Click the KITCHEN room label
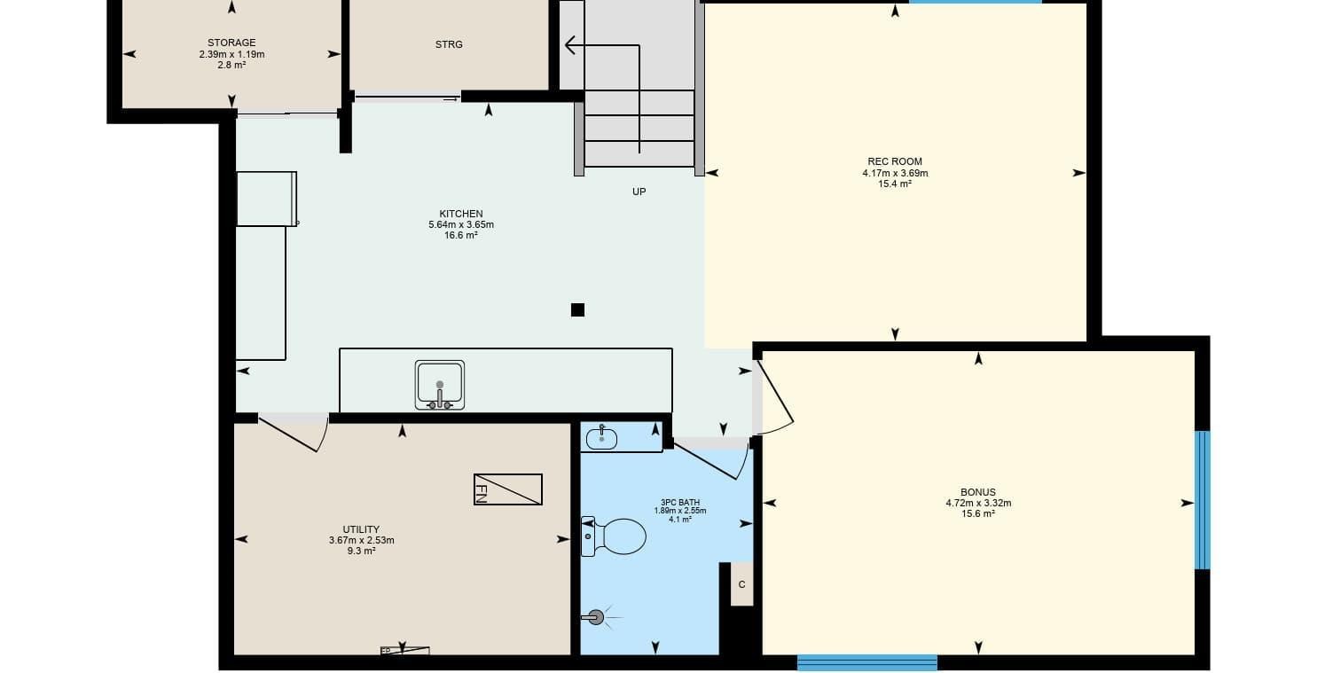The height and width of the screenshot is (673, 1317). coord(461,214)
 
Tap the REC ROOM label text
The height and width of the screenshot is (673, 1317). coord(895,161)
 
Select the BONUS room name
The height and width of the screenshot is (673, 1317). coord(978,492)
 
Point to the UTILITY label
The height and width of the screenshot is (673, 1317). coord(361,529)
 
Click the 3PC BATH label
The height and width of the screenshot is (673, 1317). coord(680,503)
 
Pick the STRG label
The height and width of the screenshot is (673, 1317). coord(449,44)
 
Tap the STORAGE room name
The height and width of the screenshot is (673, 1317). coord(231,43)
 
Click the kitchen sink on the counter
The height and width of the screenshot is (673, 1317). coord(440,385)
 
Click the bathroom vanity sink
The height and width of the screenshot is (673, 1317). coord(601,438)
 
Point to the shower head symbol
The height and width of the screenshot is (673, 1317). coord(596,617)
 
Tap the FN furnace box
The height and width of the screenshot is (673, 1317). coord(508,489)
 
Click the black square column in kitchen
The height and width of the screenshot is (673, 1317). coord(577,309)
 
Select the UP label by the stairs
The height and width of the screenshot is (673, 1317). coord(639,192)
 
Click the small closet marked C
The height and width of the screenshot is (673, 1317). coord(742,584)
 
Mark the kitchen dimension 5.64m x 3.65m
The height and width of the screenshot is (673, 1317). coord(461,224)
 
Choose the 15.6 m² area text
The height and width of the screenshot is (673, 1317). coord(978,513)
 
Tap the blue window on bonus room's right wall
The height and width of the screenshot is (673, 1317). coord(1203,500)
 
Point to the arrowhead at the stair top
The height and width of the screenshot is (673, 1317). coord(569,45)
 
